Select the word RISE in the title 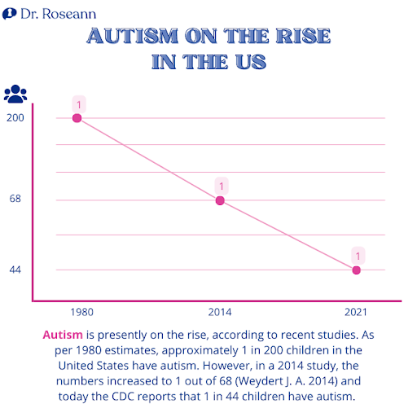click(301, 37)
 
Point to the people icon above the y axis click(15, 94)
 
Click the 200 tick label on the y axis click(15, 118)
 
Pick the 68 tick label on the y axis click(15, 200)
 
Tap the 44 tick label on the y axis click(15, 270)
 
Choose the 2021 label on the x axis click(357, 313)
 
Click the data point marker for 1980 click(78, 118)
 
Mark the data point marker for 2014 click(220, 200)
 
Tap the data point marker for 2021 click(357, 270)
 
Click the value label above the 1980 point click(79, 104)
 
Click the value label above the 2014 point click(220, 187)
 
